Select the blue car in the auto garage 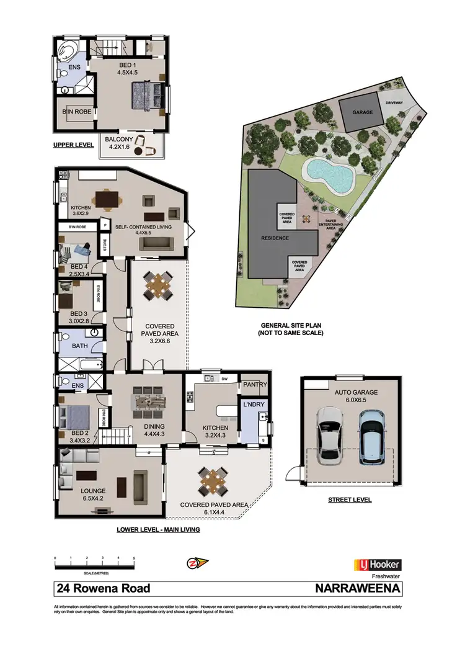pyautogui.click(x=371, y=436)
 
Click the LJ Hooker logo pyautogui.click(x=377, y=565)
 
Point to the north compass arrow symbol pyautogui.click(x=198, y=563)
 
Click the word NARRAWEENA pyautogui.click(x=359, y=588)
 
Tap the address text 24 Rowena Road pyautogui.click(x=103, y=588)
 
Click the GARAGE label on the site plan pyautogui.click(x=361, y=113)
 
